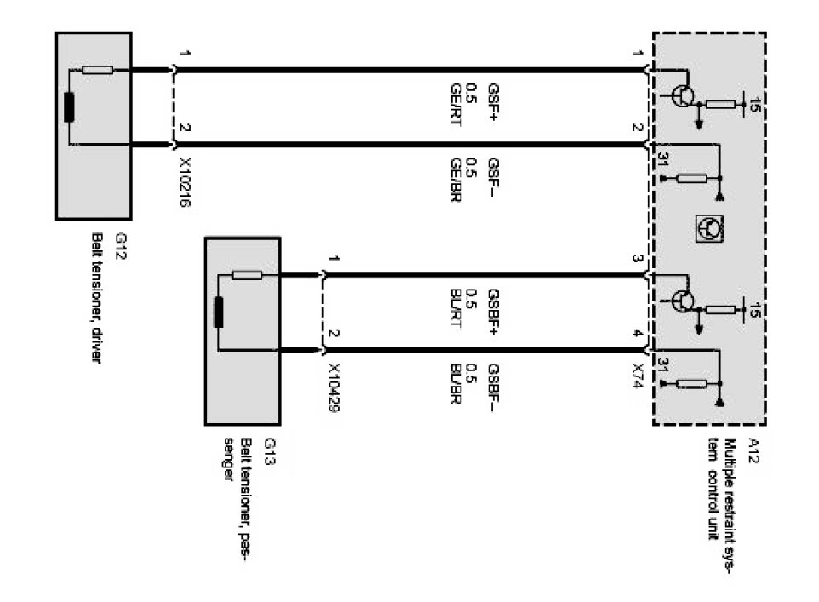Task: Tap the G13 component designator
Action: (x=270, y=448)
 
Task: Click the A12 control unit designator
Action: (x=753, y=448)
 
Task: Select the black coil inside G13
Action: (x=219, y=312)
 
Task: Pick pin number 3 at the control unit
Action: (x=635, y=259)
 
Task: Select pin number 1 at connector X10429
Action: (x=335, y=259)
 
